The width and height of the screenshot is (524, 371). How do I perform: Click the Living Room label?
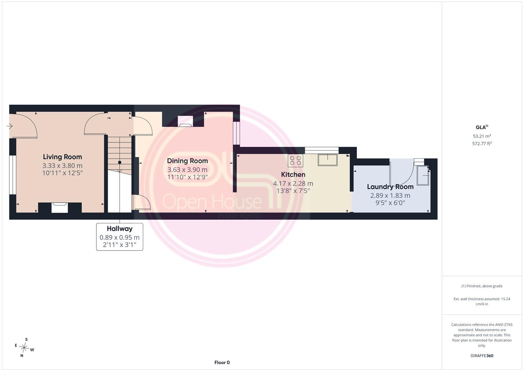[x=62, y=157]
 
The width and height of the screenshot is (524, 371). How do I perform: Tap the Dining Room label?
[x=187, y=161]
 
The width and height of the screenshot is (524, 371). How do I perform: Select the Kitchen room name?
[x=293, y=175]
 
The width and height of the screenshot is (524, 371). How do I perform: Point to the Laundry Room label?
[x=390, y=187]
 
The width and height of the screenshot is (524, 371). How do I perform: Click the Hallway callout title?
[x=119, y=228]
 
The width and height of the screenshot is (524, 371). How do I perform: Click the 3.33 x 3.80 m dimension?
[x=62, y=166]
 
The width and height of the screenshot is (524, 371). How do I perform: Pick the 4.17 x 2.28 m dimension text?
[x=293, y=183]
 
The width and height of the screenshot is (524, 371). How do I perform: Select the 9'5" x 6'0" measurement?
[x=390, y=203]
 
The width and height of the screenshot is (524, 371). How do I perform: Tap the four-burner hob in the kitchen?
[x=295, y=160]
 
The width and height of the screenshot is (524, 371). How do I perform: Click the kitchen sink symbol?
[x=327, y=160]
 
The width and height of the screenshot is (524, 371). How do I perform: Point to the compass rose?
[x=24, y=348]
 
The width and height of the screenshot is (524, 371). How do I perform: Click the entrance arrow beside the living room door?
[x=10, y=126]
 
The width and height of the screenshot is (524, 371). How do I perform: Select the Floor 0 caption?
[x=222, y=362]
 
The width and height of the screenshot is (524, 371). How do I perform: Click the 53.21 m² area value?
[x=482, y=136]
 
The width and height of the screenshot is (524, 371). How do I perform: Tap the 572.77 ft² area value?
[x=482, y=144]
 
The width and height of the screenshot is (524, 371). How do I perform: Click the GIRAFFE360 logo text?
[x=482, y=356]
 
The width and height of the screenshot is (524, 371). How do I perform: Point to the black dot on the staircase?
[x=119, y=162]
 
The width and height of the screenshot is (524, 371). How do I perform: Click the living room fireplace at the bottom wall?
[x=60, y=208]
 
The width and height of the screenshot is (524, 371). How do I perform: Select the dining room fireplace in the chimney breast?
[x=185, y=121]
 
